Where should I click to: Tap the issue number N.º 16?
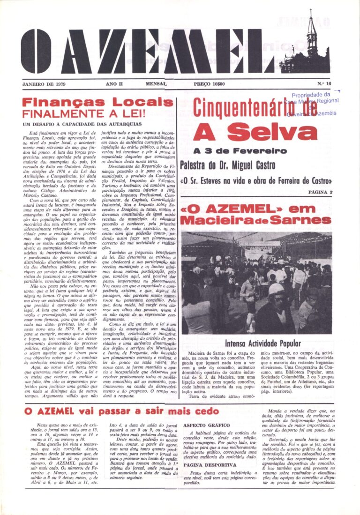(324, 84)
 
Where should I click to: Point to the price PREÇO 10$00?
(209, 84)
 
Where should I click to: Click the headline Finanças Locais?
(97, 103)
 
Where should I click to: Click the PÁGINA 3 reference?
(320, 192)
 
